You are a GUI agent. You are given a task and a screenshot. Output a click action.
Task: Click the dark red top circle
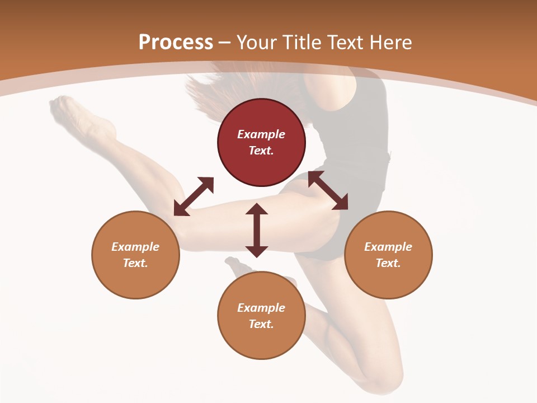pos(261,143)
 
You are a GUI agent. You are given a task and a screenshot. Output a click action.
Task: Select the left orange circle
pos(135,255)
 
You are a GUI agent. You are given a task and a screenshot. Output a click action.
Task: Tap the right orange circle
pos(388,255)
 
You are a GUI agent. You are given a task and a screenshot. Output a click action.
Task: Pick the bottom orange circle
pos(261,316)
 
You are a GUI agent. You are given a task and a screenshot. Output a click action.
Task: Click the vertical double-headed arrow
pos(257,230)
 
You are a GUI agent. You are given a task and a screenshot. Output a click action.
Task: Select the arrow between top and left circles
pos(194,196)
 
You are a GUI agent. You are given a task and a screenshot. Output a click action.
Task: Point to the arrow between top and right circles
pos(328,191)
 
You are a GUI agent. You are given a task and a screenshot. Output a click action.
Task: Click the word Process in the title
pos(176,42)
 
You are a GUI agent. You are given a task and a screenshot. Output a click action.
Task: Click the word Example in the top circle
pos(261,134)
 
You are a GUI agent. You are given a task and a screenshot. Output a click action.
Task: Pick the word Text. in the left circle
pos(135,263)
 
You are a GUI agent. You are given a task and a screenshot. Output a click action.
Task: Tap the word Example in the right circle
pos(388,247)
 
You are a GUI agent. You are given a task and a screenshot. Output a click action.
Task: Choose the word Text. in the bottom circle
pos(261,324)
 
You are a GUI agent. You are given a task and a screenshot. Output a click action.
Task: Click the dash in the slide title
pos(225,43)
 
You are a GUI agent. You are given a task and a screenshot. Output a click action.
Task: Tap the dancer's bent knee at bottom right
pos(386,381)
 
